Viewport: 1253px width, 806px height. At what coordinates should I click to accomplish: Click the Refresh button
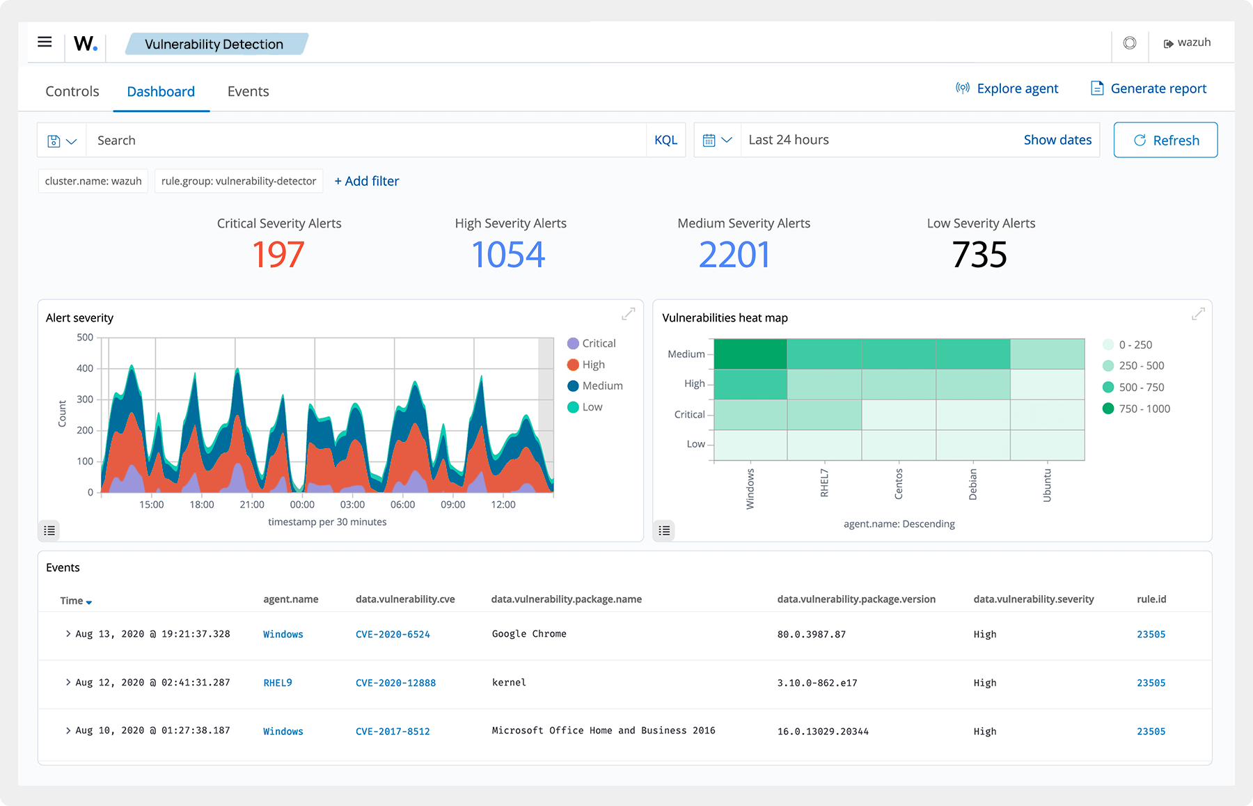point(1165,140)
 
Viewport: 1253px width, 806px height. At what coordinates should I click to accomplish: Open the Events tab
point(248,91)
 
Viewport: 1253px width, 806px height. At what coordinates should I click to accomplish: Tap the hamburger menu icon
point(45,42)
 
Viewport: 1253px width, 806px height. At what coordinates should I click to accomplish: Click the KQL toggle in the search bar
point(665,140)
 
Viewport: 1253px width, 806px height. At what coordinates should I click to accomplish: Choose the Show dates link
point(1057,140)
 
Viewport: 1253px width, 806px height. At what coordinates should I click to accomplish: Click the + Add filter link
point(367,181)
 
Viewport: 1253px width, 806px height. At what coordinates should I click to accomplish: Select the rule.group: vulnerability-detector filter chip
point(239,181)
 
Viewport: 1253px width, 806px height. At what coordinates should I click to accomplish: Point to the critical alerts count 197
point(278,254)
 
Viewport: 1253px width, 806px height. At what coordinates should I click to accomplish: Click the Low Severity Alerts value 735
point(979,254)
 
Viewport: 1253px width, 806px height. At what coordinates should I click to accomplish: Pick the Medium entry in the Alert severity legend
point(601,386)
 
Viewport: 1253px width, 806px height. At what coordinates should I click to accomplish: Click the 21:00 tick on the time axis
point(252,504)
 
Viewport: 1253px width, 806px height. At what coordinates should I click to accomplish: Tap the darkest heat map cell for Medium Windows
point(750,354)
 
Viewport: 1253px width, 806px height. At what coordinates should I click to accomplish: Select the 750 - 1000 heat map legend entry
point(1144,409)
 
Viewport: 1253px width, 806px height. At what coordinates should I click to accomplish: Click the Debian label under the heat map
point(972,484)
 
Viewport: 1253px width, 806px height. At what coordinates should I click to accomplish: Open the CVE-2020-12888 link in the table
point(395,683)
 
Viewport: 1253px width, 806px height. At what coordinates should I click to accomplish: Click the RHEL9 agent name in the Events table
point(277,683)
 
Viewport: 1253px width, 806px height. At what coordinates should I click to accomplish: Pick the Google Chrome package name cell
point(529,634)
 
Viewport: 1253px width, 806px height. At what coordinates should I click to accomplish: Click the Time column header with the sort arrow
point(75,601)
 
